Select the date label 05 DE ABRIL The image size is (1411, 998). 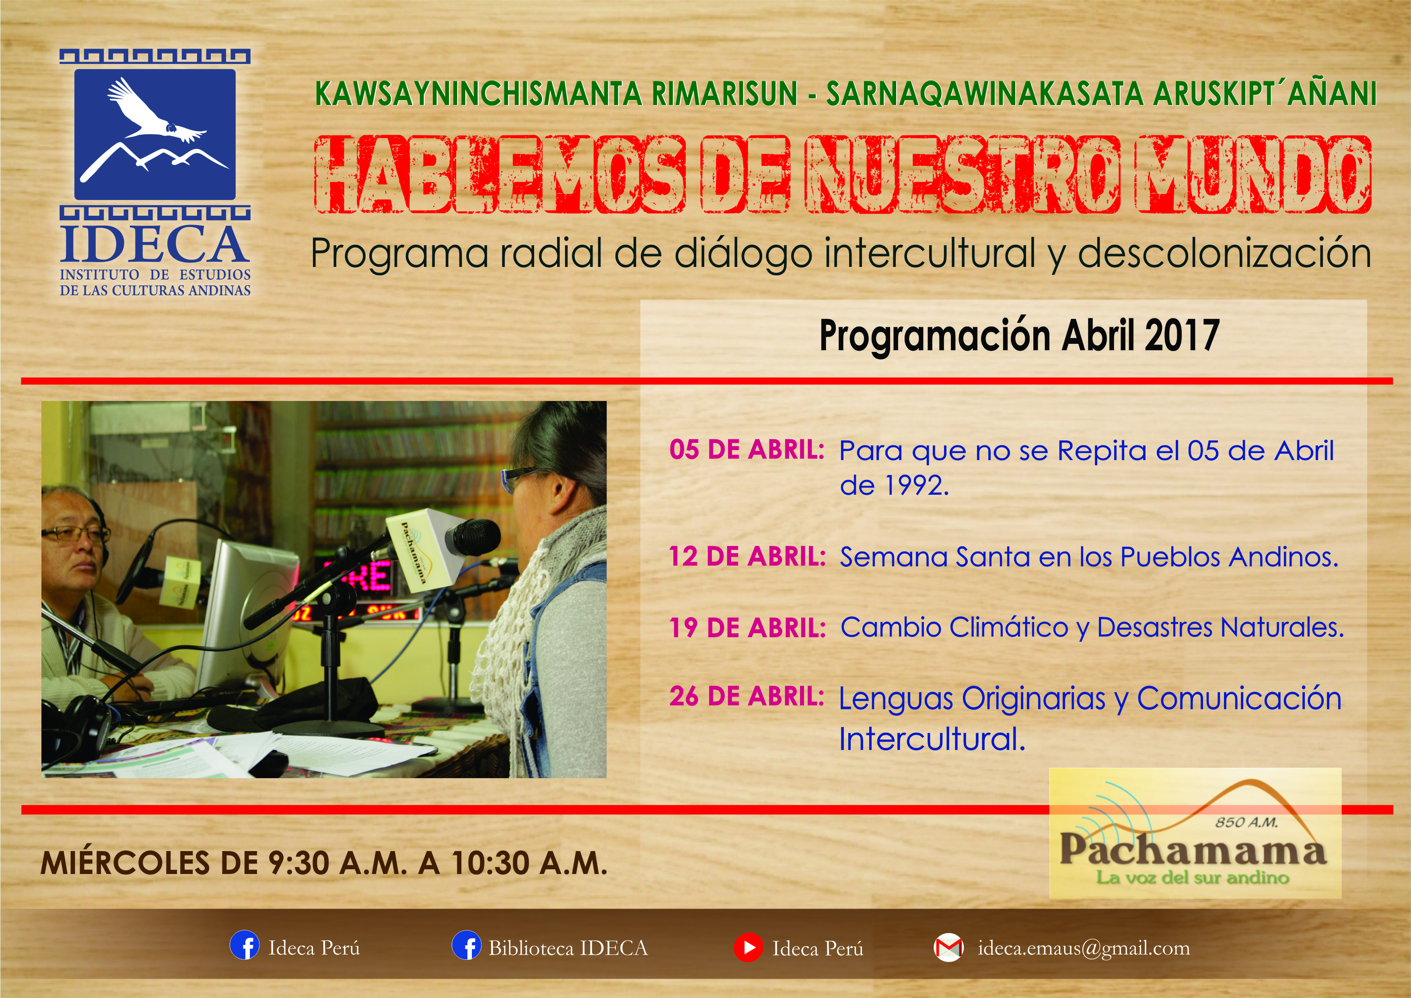746,450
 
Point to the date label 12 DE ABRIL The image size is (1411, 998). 747,556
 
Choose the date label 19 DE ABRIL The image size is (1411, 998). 747,628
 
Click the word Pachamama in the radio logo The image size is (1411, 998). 1192,850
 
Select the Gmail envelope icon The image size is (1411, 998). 948,948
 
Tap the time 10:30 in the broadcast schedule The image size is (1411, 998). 490,863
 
